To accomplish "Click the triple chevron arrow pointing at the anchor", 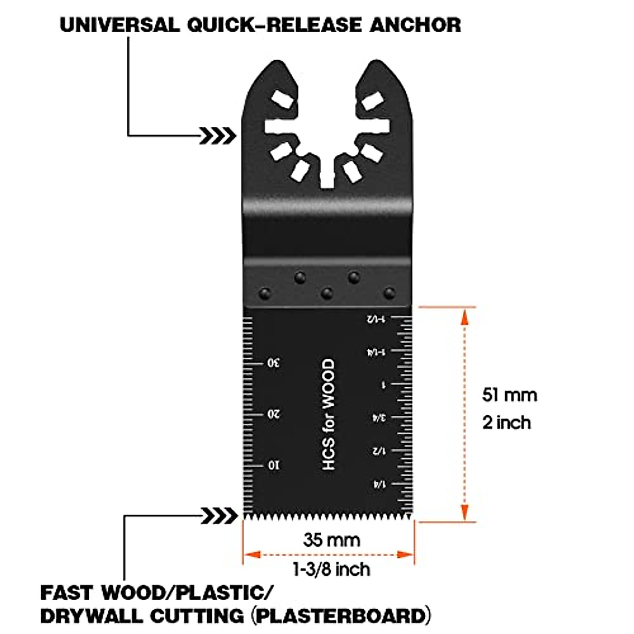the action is pyautogui.click(x=218, y=136).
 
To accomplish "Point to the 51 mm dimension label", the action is pyautogui.click(x=509, y=395).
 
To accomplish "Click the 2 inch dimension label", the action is pyautogui.click(x=506, y=422).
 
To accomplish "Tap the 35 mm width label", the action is pyautogui.click(x=331, y=540).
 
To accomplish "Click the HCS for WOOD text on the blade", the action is pyautogui.click(x=329, y=415).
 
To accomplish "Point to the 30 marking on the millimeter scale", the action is pyautogui.click(x=273, y=363).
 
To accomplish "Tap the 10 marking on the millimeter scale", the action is pyautogui.click(x=273, y=465).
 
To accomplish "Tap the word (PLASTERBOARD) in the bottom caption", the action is pyautogui.click(x=339, y=616).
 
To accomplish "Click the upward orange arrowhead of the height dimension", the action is pyautogui.click(x=464, y=316).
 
